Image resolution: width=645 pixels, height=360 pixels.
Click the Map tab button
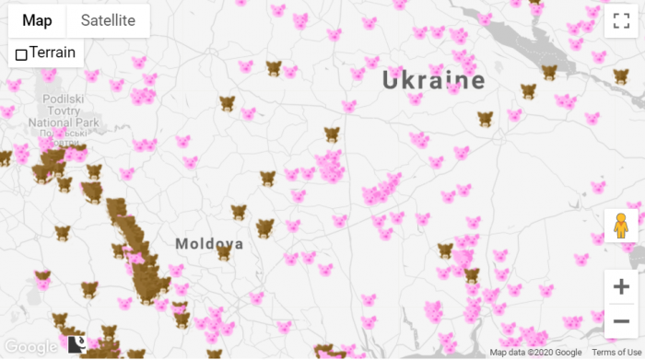click(x=38, y=20)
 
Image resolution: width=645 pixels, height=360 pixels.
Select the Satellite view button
click(x=108, y=20)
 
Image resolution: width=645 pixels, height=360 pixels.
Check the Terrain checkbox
click(x=21, y=54)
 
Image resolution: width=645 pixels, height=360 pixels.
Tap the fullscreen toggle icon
click(x=621, y=21)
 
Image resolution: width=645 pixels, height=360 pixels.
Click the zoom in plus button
click(x=621, y=287)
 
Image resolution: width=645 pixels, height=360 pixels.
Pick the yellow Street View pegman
click(x=621, y=225)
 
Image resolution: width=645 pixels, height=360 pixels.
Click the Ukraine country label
click(x=433, y=81)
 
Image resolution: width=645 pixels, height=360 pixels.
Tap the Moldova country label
click(x=210, y=244)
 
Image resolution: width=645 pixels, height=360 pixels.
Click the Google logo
click(x=30, y=346)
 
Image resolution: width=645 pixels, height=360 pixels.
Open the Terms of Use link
click(x=615, y=353)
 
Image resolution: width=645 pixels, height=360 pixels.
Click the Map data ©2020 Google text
click(x=535, y=353)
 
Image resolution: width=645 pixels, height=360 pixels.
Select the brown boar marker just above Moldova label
click(x=240, y=212)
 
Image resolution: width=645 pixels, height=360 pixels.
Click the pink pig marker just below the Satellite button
click(x=139, y=63)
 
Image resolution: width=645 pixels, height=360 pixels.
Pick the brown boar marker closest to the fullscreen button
click(x=621, y=75)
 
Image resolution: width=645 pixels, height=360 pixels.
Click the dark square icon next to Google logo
click(x=76, y=345)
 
